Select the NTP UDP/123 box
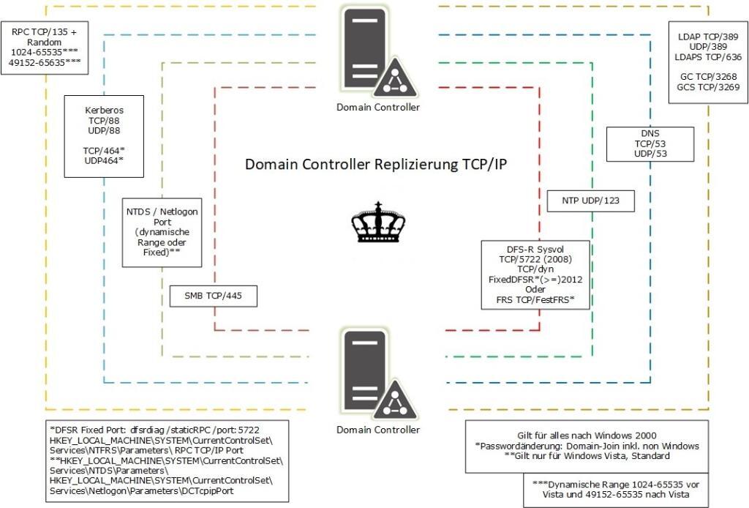pos(590,201)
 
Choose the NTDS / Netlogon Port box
pos(162,231)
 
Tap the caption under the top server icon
pos(378,107)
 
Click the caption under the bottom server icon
pos(378,429)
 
